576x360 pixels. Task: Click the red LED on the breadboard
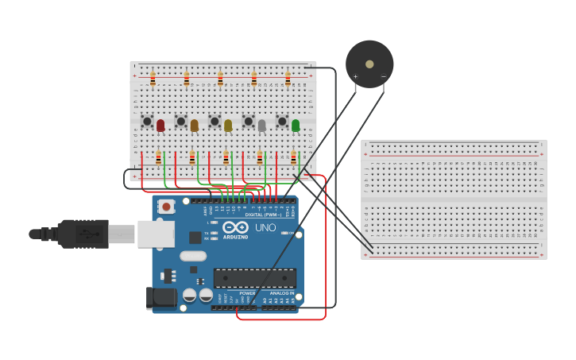(160, 125)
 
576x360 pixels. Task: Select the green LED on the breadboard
(296, 125)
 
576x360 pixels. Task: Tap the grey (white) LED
(261, 125)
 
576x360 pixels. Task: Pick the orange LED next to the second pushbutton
(194, 125)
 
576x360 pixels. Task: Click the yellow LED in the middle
(228, 125)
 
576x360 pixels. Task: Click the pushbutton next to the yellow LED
(215, 122)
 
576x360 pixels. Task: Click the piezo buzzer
(369, 64)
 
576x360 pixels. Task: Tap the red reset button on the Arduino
(166, 207)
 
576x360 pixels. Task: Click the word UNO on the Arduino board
(265, 227)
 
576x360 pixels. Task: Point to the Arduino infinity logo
(235, 227)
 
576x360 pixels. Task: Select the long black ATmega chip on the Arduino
(254, 277)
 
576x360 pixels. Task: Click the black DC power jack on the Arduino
(161, 298)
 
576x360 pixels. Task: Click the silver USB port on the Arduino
(156, 234)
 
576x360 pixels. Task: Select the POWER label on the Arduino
(247, 293)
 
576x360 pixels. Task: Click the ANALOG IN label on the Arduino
(280, 293)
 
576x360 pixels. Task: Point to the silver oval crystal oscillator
(193, 256)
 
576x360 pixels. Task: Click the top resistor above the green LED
(288, 79)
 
